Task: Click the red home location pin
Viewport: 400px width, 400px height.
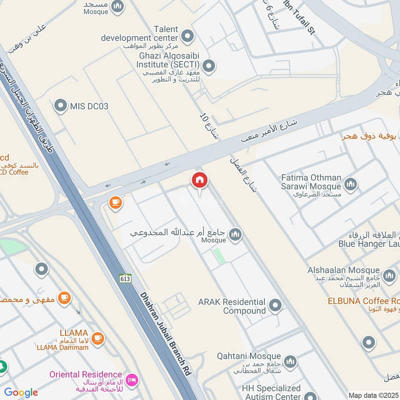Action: tap(199, 181)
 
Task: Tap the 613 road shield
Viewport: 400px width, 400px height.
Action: tap(125, 278)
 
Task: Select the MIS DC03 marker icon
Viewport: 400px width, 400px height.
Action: tap(60, 105)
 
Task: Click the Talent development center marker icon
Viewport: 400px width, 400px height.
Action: tap(187, 35)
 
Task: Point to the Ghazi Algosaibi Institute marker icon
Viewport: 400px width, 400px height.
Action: tap(209, 65)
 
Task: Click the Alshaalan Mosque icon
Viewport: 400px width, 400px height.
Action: tap(389, 274)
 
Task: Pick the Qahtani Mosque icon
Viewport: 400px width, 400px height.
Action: tap(290, 361)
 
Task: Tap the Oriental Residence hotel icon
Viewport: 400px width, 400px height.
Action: tap(132, 379)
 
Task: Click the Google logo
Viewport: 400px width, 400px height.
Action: tap(21, 392)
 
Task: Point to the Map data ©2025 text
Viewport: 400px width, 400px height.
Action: tap(373, 395)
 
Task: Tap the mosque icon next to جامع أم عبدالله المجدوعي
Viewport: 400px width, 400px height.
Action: tap(235, 233)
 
